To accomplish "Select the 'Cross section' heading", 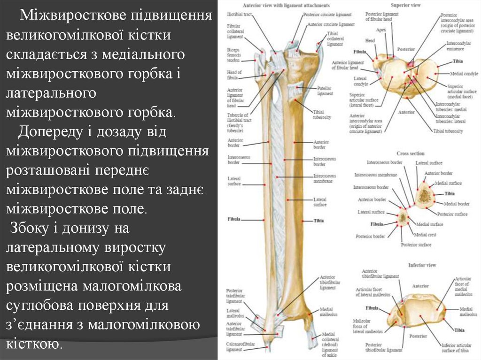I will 410,153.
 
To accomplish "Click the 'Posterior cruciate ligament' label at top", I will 327,15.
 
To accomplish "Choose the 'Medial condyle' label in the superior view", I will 464,74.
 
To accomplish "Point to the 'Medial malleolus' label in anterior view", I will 326,312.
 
